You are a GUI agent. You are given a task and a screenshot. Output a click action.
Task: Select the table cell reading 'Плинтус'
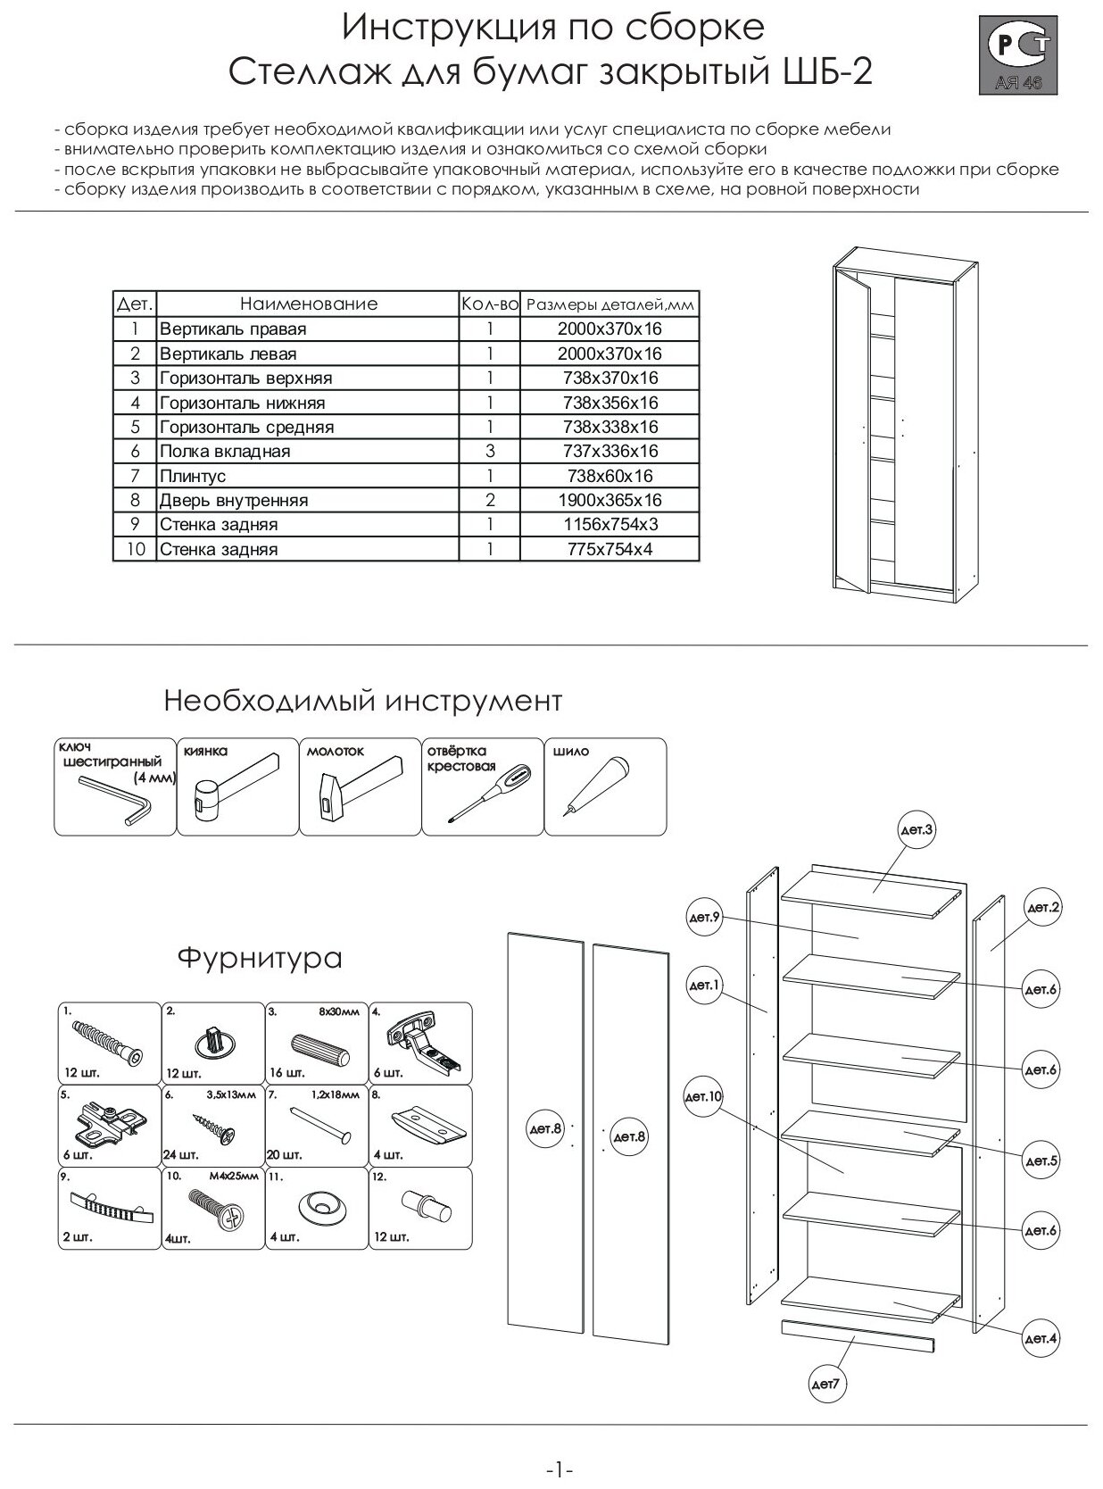coord(193,476)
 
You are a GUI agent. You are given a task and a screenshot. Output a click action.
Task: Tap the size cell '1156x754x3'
coord(610,525)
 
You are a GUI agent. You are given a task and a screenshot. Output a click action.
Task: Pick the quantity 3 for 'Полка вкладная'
coord(490,452)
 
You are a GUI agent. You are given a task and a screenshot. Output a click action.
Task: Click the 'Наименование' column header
coord(308,304)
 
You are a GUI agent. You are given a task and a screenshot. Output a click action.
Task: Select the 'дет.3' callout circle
coord(917,830)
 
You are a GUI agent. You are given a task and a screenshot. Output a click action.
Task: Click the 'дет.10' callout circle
coord(703,1097)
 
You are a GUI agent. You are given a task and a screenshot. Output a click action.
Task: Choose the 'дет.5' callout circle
coord(1041,1160)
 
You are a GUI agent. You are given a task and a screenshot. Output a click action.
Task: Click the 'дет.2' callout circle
coord(1042,908)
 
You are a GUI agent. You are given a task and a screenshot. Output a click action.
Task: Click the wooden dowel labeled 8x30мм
coord(319,1048)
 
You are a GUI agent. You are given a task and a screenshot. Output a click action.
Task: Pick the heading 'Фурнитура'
coord(260,959)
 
